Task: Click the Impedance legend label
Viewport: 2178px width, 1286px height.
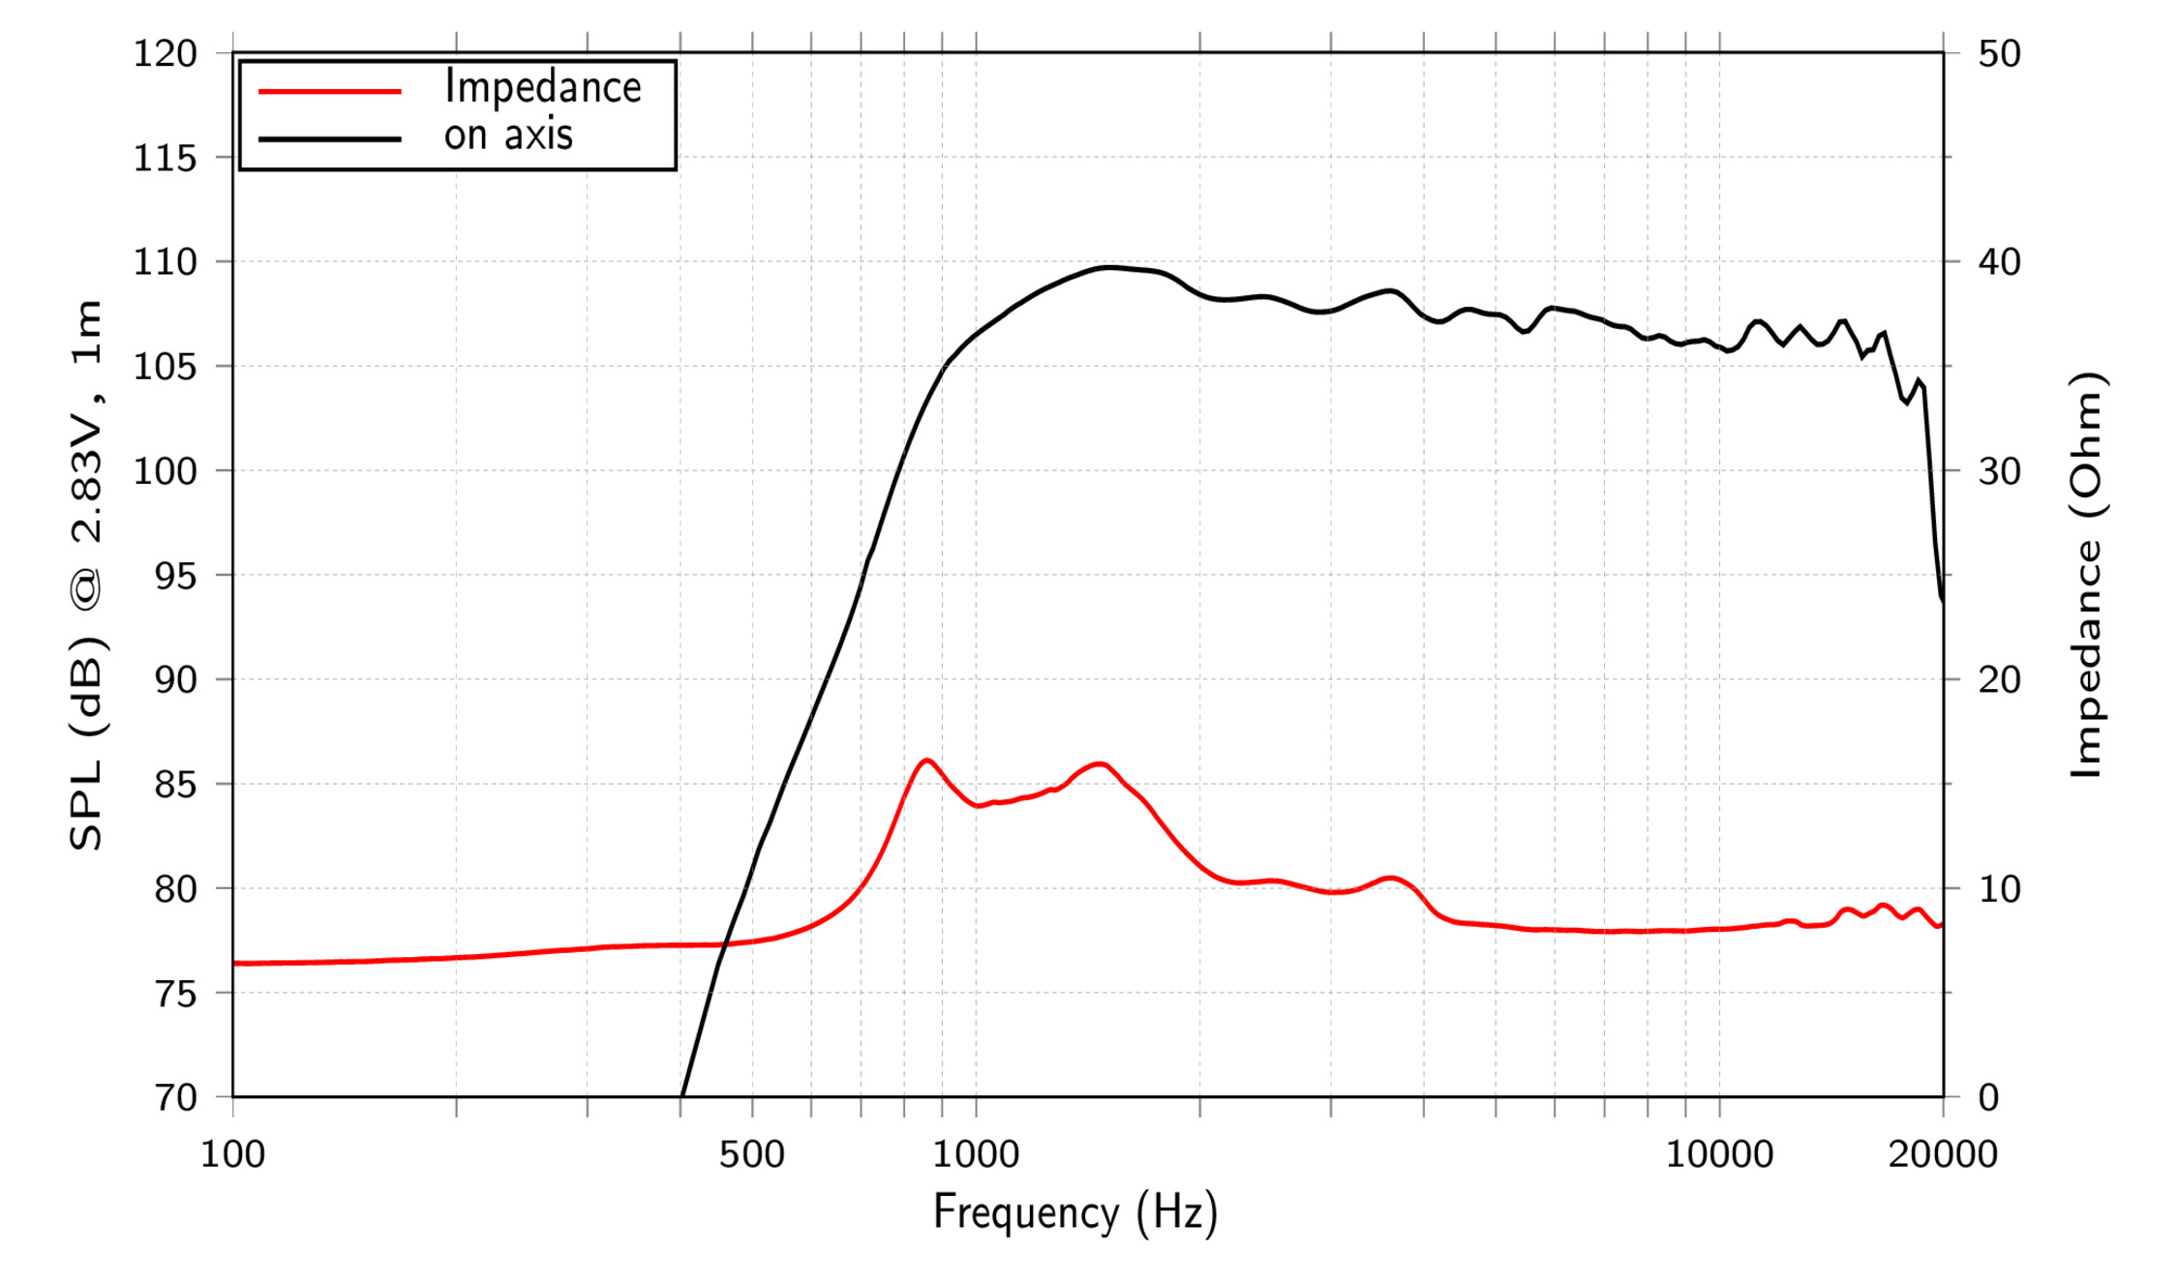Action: [542, 88]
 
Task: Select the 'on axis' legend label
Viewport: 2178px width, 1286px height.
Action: [508, 135]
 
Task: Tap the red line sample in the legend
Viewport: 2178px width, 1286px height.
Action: [329, 92]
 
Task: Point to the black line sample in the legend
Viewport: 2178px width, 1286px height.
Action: [329, 139]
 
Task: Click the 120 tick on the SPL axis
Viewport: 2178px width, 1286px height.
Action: [165, 53]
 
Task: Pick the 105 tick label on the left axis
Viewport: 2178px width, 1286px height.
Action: [165, 367]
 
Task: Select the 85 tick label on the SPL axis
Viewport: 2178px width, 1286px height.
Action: [175, 785]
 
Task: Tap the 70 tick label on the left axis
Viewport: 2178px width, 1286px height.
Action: [175, 1098]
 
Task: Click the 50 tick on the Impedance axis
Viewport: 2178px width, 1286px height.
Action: [1999, 53]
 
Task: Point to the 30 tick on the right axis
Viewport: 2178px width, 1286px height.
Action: [1999, 471]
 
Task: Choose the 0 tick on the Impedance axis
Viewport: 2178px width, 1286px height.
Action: [1988, 1098]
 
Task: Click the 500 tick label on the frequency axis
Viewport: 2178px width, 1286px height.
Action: [751, 1154]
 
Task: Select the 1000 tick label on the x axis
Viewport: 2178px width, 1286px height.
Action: [976, 1154]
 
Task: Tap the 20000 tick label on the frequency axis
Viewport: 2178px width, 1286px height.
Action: [1942, 1154]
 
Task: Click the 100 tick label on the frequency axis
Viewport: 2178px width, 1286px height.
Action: [232, 1154]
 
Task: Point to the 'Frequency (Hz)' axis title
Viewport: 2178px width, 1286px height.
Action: [1074, 1212]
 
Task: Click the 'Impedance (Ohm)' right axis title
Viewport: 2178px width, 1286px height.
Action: [2087, 576]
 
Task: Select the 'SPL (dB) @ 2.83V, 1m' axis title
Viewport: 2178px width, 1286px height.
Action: [87, 576]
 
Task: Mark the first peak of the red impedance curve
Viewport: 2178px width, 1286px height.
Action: [926, 761]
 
